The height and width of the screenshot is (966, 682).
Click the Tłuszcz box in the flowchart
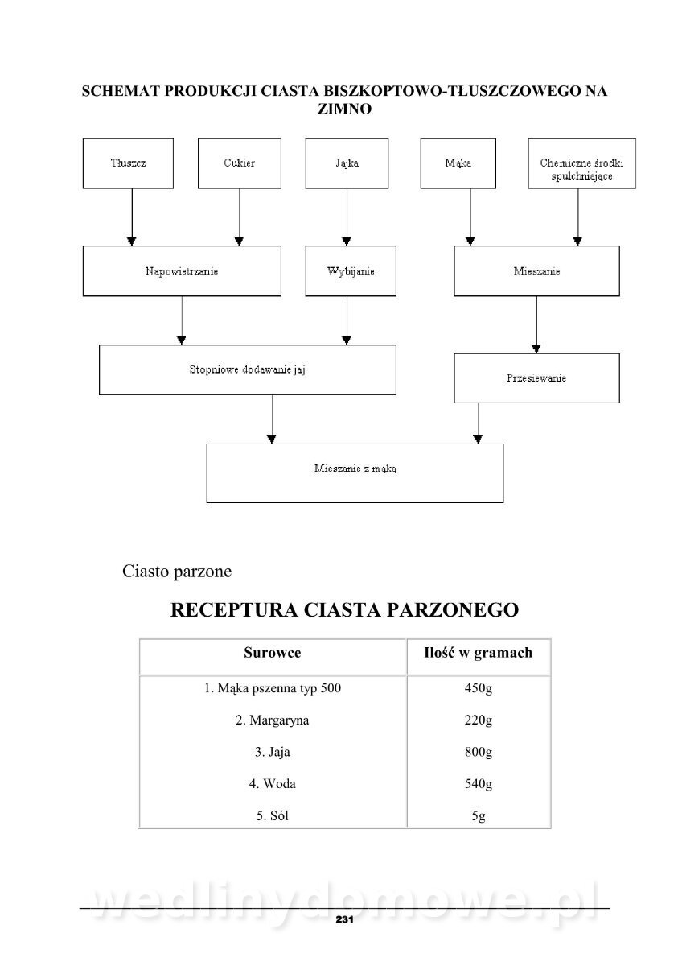click(128, 163)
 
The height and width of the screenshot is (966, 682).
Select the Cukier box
click(239, 163)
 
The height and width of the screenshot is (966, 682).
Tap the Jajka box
click(347, 163)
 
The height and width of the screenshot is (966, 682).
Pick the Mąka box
click(458, 163)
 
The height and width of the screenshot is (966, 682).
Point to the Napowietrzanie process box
click(182, 271)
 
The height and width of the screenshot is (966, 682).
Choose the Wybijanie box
click(350, 271)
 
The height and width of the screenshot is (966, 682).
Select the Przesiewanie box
click(536, 378)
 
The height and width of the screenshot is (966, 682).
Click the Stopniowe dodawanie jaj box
click(247, 370)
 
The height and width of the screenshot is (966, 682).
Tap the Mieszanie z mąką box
click(355, 473)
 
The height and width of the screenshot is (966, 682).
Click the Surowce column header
click(272, 653)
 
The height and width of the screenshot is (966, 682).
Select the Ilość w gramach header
click(478, 653)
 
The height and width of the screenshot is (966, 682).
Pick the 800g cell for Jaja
click(478, 753)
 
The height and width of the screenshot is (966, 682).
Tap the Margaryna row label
click(272, 720)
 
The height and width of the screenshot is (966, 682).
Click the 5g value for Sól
click(478, 816)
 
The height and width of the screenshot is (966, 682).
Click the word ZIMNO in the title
click(344, 109)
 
